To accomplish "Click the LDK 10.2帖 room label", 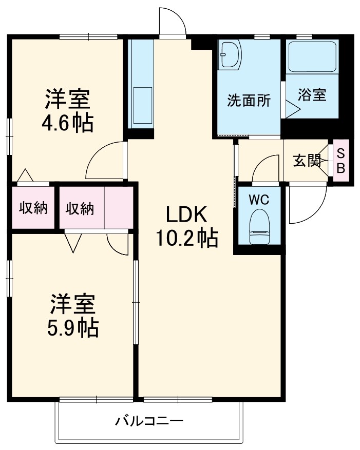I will click(x=186, y=226).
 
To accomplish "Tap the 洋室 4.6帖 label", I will click(x=68, y=111).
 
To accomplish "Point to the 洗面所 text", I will click(x=249, y=101).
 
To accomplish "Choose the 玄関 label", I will click(x=307, y=161).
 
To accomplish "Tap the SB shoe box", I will click(x=340, y=161).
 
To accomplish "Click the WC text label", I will click(x=259, y=200).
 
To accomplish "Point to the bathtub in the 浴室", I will click(x=312, y=56).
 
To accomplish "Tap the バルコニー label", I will click(x=148, y=422).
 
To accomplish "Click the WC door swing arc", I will click(x=263, y=169).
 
